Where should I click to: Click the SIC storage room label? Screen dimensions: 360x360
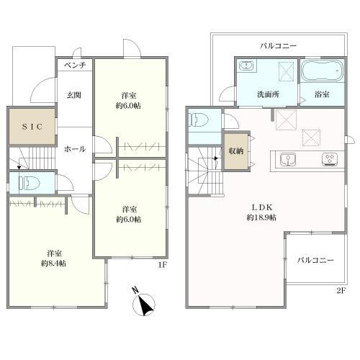(x=32, y=127)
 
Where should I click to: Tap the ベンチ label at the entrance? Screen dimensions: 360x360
(x=75, y=65)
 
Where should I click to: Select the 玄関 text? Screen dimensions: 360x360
(x=73, y=95)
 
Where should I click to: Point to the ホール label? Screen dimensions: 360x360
(x=75, y=149)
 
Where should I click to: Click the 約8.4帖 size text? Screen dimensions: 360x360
(x=53, y=264)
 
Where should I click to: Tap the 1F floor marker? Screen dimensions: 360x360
(x=162, y=265)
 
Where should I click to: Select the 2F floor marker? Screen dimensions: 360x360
(x=341, y=291)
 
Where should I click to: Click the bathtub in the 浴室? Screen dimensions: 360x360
(x=323, y=71)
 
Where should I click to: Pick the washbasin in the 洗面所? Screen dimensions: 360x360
(x=246, y=66)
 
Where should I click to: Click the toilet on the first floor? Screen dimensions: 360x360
(x=30, y=183)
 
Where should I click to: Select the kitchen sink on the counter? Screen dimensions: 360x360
(x=288, y=159)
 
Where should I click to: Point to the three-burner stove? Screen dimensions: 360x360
(x=330, y=159)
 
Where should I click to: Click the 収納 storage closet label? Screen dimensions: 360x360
(x=236, y=150)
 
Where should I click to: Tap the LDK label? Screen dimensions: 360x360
(x=261, y=207)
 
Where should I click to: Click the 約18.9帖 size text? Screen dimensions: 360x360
(x=261, y=217)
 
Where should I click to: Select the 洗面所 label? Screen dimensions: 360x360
(x=268, y=94)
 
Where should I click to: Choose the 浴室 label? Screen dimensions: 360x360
(x=322, y=94)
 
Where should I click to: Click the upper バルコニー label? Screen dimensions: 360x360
(x=279, y=45)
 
